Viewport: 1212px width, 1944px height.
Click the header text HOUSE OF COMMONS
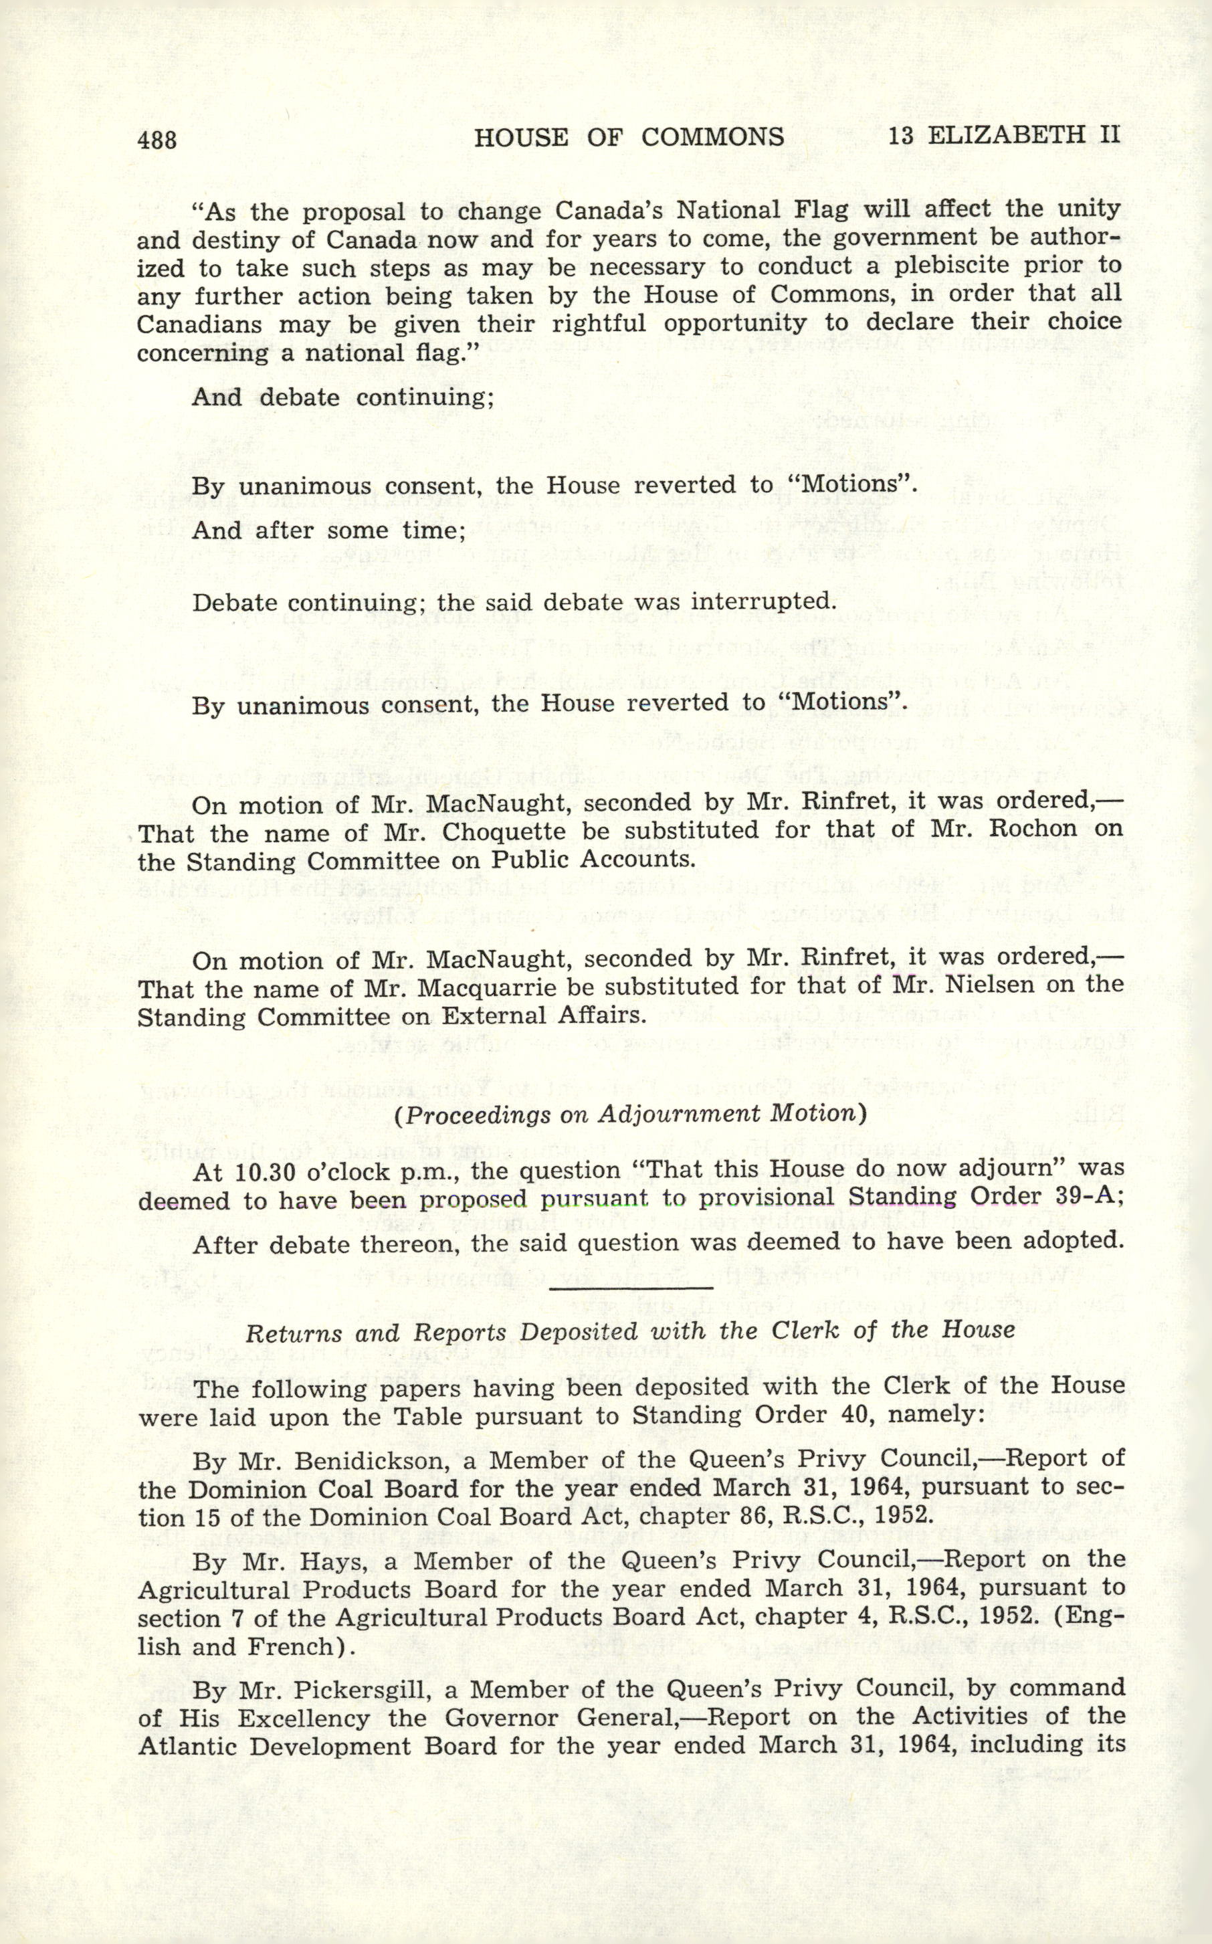[629, 137]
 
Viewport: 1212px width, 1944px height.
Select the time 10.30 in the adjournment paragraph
[262, 1171]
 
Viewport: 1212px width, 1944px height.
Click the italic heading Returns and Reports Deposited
[630, 1331]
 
